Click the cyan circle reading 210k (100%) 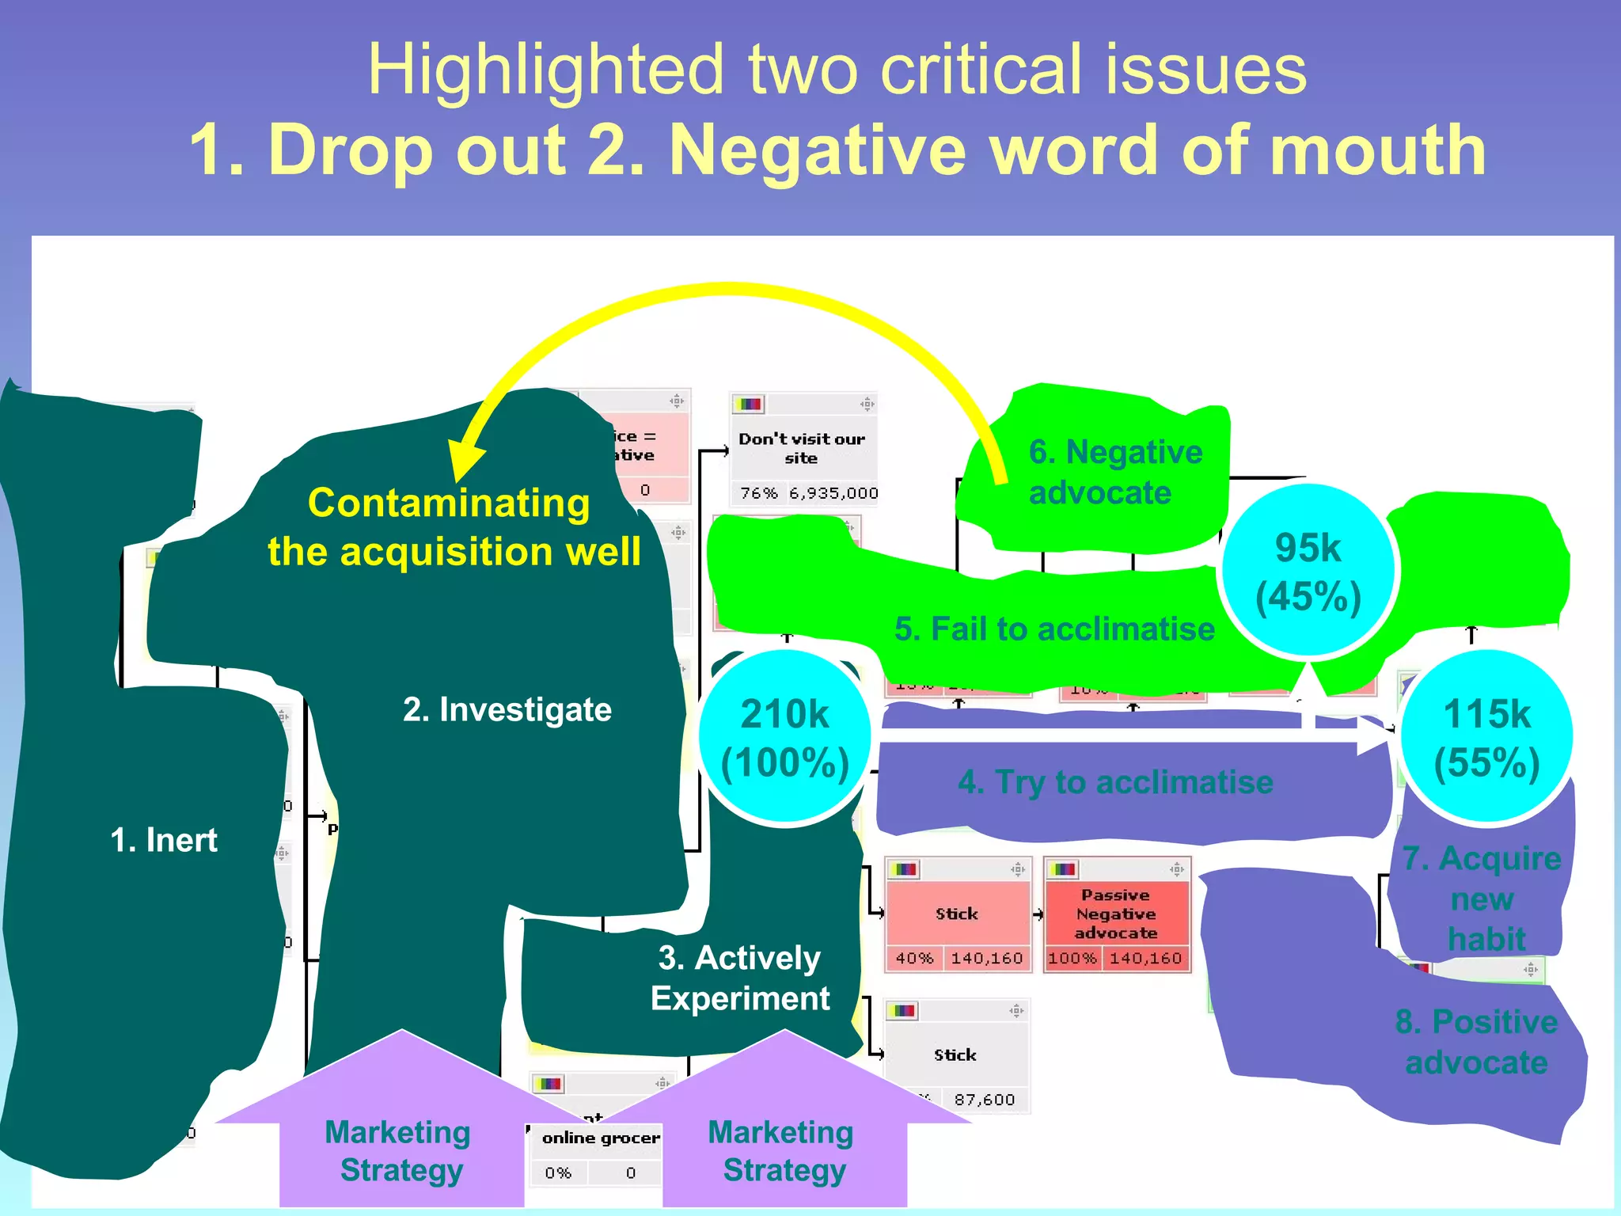click(784, 739)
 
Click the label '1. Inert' click(164, 840)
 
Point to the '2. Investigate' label click(507, 709)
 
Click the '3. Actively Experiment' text click(740, 978)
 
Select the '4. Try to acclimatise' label click(1115, 782)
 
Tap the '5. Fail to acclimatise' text click(1054, 629)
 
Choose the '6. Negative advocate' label click(1114, 473)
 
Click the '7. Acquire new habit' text click(1482, 899)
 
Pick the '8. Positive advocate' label click(1476, 1042)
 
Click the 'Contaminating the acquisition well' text click(453, 527)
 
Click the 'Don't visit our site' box click(802, 448)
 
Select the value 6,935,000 click(833, 493)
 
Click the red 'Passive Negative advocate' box click(1116, 914)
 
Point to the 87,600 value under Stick click(984, 1100)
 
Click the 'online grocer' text click(601, 1138)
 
